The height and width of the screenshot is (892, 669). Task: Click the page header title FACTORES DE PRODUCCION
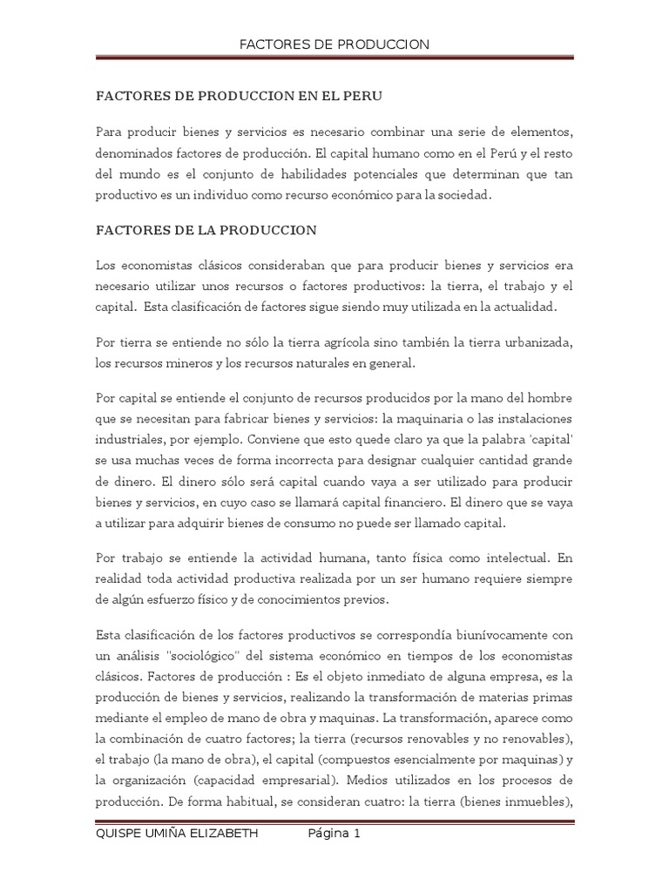334,44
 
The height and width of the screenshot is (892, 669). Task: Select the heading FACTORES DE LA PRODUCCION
206,231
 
